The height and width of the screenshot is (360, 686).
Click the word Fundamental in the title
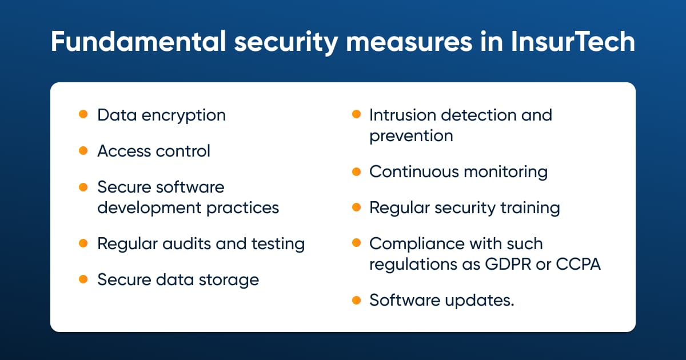click(138, 41)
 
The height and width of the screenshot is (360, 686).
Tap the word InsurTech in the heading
click(573, 41)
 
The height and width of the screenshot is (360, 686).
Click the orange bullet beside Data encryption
click(83, 114)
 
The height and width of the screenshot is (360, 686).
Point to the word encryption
click(184, 116)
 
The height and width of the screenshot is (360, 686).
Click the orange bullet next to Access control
click(83, 151)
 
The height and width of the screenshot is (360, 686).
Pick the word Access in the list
click(124, 151)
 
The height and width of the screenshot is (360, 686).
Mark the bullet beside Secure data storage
click(83, 279)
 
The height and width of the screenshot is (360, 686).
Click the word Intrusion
click(402, 115)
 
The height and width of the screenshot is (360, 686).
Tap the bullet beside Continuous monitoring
click(357, 171)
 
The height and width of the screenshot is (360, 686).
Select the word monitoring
click(505, 173)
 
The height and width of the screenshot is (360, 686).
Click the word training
click(530, 209)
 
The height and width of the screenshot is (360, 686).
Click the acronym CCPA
click(578, 264)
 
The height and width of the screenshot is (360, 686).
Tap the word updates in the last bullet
click(480, 301)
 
